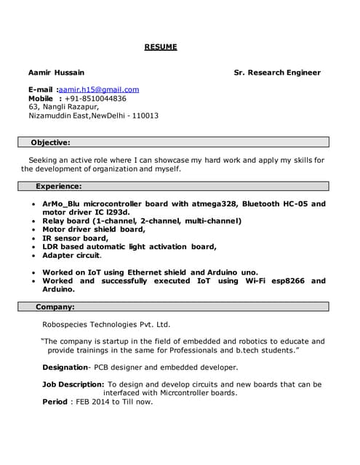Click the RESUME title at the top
[160, 47]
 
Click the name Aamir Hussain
[56, 73]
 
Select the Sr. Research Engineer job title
[276, 73]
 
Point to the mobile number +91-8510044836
[95, 98]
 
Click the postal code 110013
[145, 116]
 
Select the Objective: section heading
[50, 142]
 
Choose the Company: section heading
[55, 307]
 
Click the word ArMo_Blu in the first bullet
[61, 204]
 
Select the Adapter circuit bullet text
[72, 255]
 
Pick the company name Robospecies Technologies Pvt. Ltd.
[106, 325]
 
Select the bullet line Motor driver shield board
[94, 229]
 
